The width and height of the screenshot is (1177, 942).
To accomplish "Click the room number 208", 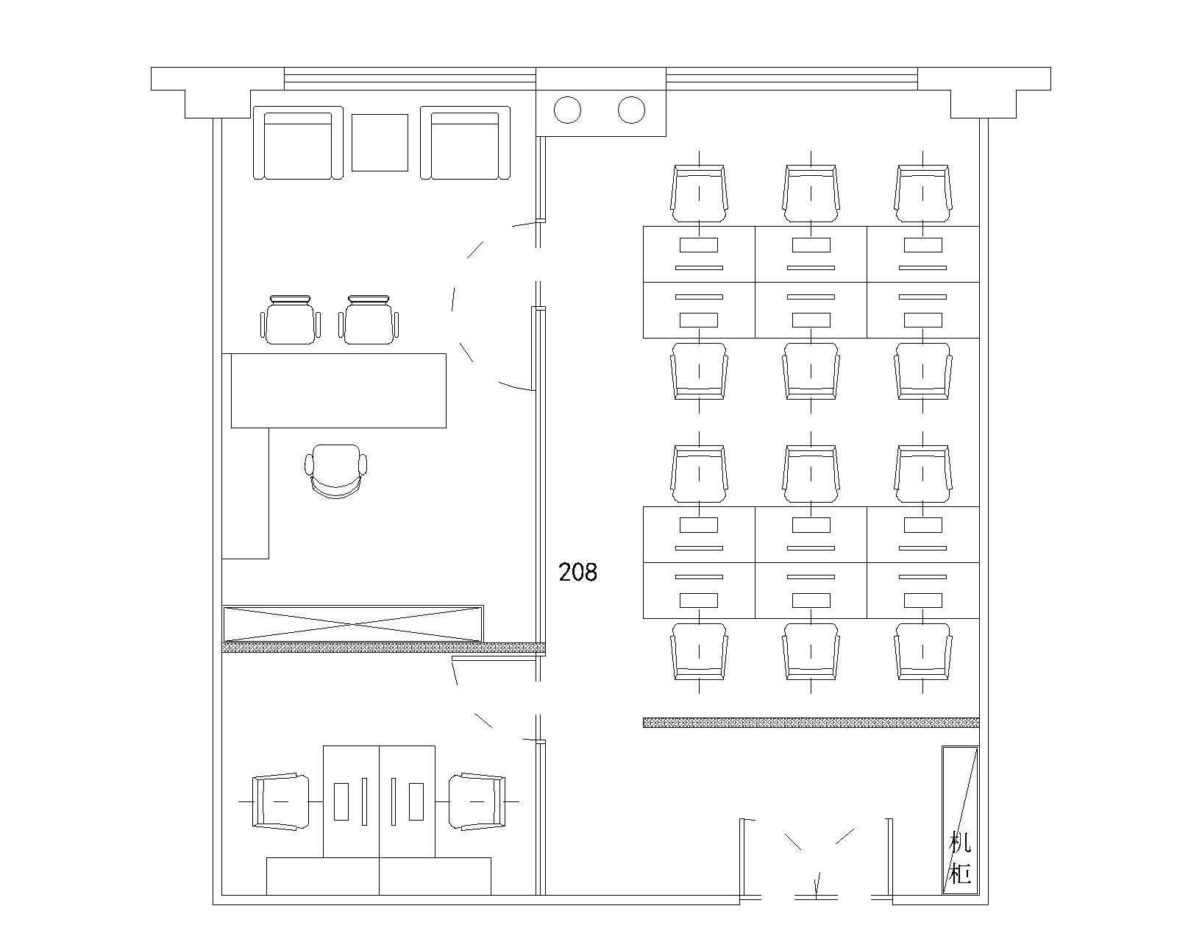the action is click(x=577, y=572).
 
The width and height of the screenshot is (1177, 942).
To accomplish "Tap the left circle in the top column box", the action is click(x=567, y=110).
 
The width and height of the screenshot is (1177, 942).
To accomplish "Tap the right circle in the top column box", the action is click(x=631, y=110).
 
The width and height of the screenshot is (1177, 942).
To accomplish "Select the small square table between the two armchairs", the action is click(x=380, y=142).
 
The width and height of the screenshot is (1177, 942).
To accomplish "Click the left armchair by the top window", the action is click(x=298, y=143).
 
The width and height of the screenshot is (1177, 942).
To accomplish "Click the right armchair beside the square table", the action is click(x=465, y=143).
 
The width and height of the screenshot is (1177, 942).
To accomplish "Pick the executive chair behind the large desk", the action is click(x=336, y=471).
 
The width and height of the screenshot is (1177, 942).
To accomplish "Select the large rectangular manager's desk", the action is click(x=338, y=390).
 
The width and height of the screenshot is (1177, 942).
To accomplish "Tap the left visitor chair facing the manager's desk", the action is click(x=291, y=319).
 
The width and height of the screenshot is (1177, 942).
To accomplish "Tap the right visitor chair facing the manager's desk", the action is click(x=369, y=319).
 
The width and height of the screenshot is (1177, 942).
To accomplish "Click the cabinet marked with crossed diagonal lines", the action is click(x=353, y=623).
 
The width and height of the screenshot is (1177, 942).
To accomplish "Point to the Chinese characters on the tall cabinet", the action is click(x=960, y=857).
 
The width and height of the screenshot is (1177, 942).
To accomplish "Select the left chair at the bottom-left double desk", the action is click(x=280, y=801).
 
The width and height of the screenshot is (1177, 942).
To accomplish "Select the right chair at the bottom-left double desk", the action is click(x=477, y=801).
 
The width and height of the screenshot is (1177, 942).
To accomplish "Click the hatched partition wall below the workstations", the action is click(x=811, y=723).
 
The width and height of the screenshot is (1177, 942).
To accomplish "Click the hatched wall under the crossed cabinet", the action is click(x=383, y=648).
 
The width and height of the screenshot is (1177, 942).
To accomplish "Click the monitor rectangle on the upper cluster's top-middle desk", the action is click(x=811, y=244).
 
